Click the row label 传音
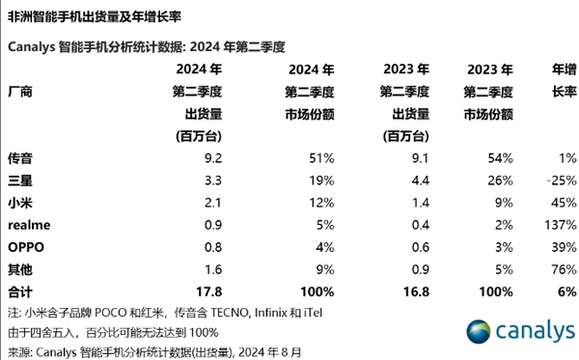[x=21, y=156]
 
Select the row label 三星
[x=21, y=179]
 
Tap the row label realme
[x=29, y=224]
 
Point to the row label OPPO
[x=27, y=246]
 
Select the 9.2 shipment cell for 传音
[x=212, y=156]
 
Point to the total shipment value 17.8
[x=209, y=291]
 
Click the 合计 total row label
[x=21, y=291]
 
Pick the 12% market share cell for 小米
[x=321, y=202]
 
